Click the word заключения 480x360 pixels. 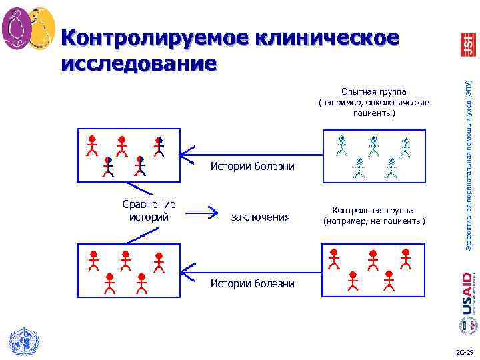tap(260, 217)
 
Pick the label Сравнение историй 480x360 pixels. tap(149, 210)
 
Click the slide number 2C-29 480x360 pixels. tap(463, 351)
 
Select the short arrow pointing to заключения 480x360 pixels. tap(204, 213)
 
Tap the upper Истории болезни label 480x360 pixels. tap(252, 166)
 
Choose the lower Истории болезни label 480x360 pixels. tap(252, 283)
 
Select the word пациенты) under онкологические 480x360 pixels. tap(374, 113)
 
